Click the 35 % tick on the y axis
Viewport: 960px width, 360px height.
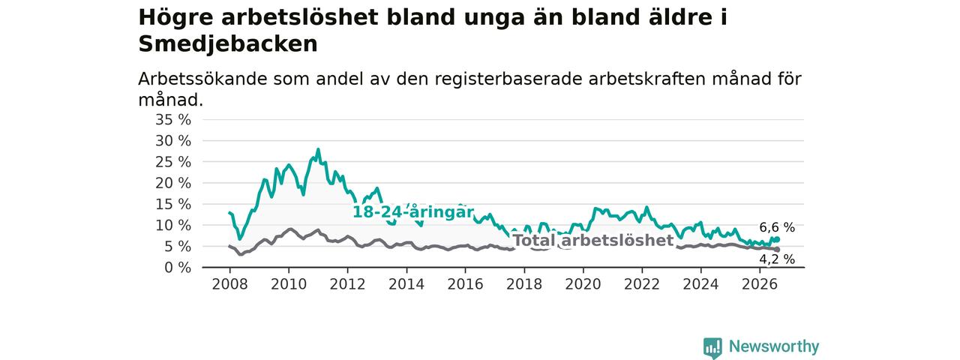[173, 119]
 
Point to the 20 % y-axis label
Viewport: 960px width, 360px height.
[173, 183]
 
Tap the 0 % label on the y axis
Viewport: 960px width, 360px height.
[178, 268]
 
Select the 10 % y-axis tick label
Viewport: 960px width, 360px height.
[173, 226]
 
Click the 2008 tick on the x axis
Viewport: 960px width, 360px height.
[229, 284]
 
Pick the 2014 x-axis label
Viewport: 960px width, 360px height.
[406, 284]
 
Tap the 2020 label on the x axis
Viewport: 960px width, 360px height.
[583, 284]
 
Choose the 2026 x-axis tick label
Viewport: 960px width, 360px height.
[760, 284]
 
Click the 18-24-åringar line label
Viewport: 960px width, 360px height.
[413, 212]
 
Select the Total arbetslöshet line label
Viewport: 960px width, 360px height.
[593, 241]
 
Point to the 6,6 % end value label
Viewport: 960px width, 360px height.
[777, 227]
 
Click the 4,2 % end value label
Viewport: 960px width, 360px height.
[777, 259]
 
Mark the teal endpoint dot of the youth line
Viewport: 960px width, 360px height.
[777, 239]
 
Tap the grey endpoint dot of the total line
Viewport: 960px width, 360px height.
[777, 250]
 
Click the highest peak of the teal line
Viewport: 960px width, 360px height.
[318, 149]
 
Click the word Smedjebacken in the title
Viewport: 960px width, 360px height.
[228, 44]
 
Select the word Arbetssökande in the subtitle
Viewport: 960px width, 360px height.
[202, 79]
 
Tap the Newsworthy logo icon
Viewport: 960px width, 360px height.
[712, 347]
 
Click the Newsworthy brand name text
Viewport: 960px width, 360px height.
[774, 346]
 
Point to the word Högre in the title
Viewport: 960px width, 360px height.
[175, 18]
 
